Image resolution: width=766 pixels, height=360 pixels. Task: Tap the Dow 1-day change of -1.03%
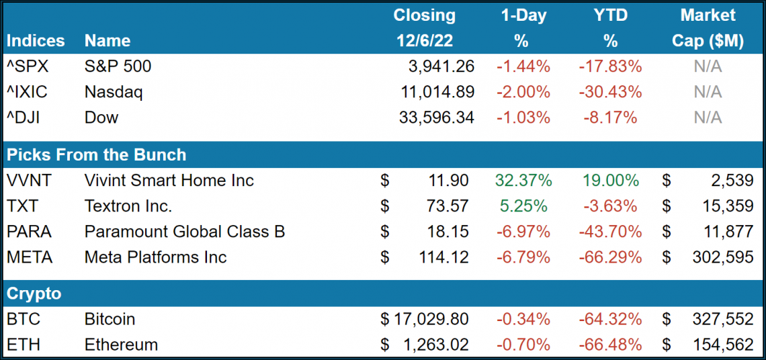[x=523, y=118]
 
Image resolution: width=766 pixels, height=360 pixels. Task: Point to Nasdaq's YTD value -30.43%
[x=610, y=92]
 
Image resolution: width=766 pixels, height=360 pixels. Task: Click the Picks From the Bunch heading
[x=96, y=155]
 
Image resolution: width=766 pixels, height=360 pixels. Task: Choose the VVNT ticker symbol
[x=30, y=181]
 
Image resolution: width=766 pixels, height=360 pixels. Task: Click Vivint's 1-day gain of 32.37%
[x=523, y=181]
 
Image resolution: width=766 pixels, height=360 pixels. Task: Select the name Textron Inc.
[x=128, y=206]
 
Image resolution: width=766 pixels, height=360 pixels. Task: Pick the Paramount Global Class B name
[x=185, y=232]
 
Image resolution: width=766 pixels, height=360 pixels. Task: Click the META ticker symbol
[x=30, y=257]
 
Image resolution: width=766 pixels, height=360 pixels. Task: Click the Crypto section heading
[x=34, y=294]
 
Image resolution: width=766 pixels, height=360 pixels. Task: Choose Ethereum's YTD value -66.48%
[x=610, y=345]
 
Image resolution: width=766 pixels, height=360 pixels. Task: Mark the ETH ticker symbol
[x=24, y=345]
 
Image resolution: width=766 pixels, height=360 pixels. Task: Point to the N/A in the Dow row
[x=708, y=118]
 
